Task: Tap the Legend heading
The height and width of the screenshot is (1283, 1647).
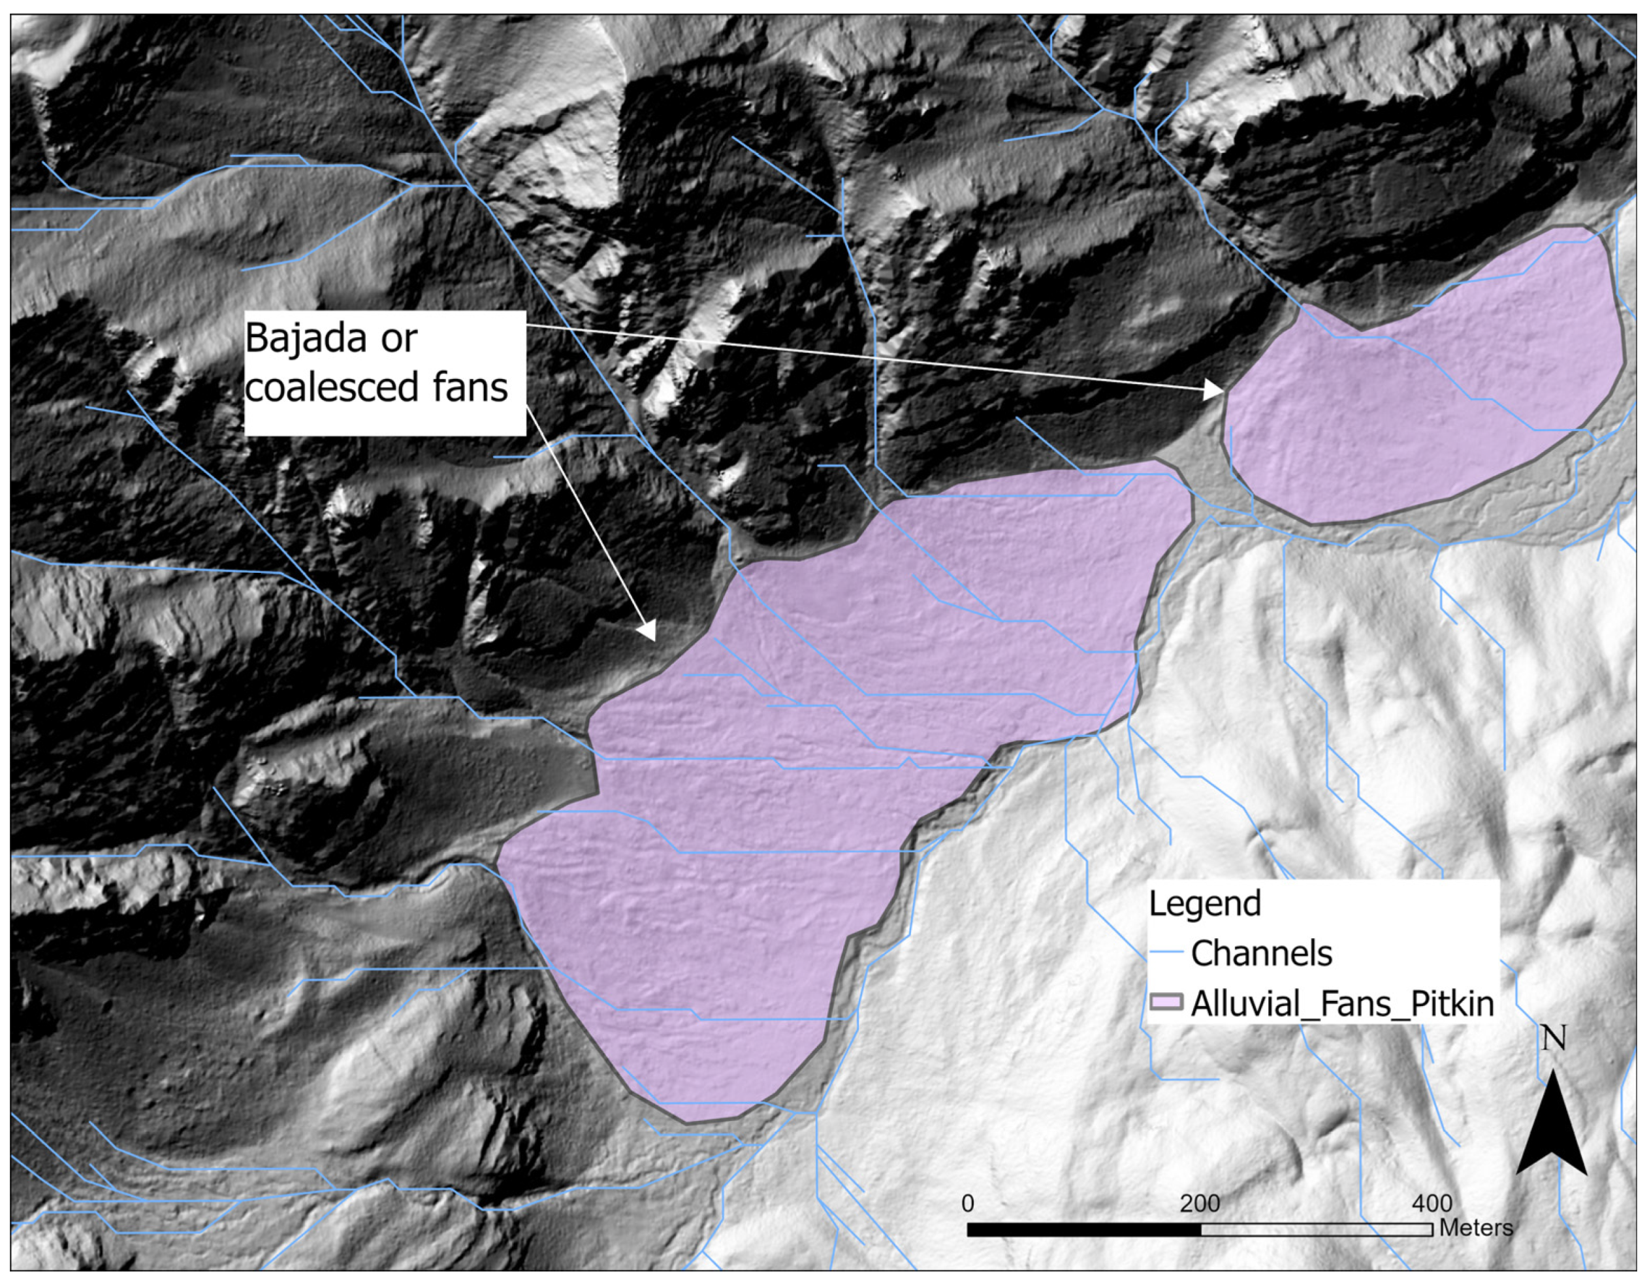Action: pyautogui.click(x=1204, y=903)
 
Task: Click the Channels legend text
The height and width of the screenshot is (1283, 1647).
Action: pyautogui.click(x=1261, y=953)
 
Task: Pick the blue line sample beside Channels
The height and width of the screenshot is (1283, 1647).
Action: pyautogui.click(x=1165, y=953)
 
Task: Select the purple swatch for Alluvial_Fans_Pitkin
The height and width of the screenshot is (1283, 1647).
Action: pyautogui.click(x=1166, y=1002)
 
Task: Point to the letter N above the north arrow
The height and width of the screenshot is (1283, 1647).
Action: pyautogui.click(x=1554, y=1039)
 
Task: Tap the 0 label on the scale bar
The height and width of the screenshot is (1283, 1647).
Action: pyautogui.click(x=968, y=1204)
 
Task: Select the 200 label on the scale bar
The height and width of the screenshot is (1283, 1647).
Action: pyautogui.click(x=1199, y=1204)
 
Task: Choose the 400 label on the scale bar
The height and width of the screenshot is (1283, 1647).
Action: pyautogui.click(x=1431, y=1204)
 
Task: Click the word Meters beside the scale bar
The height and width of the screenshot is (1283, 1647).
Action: pyautogui.click(x=1476, y=1228)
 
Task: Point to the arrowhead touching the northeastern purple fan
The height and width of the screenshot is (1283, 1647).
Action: pyautogui.click(x=1215, y=391)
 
